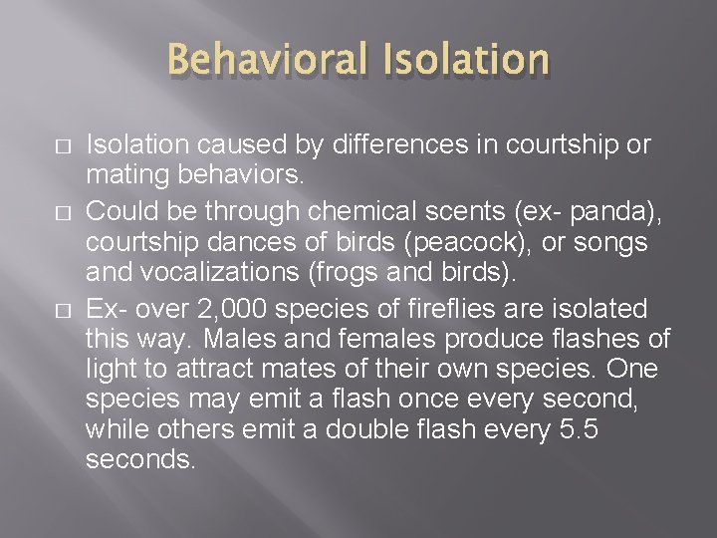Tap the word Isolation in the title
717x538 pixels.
[x=464, y=60]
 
